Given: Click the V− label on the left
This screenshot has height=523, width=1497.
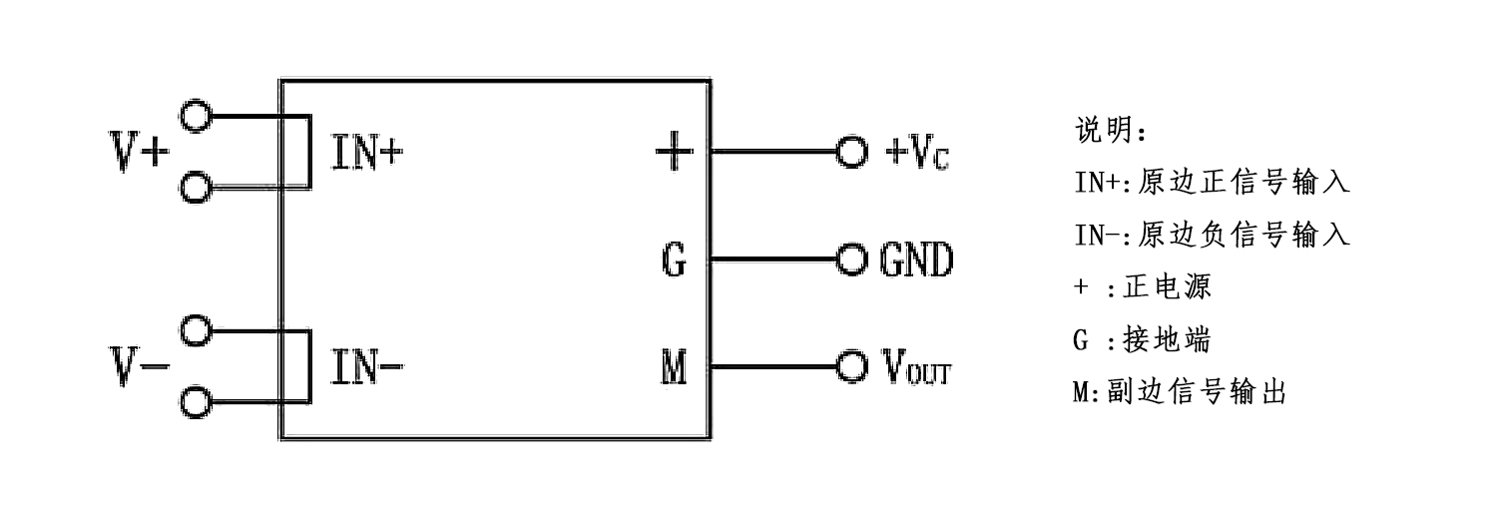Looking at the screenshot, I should click(139, 369).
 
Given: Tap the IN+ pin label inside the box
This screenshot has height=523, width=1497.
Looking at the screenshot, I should click(367, 155).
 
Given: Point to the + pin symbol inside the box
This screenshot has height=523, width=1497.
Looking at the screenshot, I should click(674, 152).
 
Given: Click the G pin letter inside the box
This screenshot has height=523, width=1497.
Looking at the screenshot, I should click(674, 261).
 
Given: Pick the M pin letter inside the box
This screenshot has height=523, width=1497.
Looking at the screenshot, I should click(674, 369).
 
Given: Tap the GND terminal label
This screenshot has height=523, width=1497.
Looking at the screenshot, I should click(916, 261).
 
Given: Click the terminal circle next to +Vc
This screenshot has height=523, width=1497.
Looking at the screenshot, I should click(850, 152).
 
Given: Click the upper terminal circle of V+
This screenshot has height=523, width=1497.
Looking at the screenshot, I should click(198, 116).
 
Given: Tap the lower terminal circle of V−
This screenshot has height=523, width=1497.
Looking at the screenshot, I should click(198, 402).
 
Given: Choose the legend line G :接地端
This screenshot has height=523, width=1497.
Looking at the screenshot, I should click(1142, 340).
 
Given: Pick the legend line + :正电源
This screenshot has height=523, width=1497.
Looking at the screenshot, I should click(1142, 287).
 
